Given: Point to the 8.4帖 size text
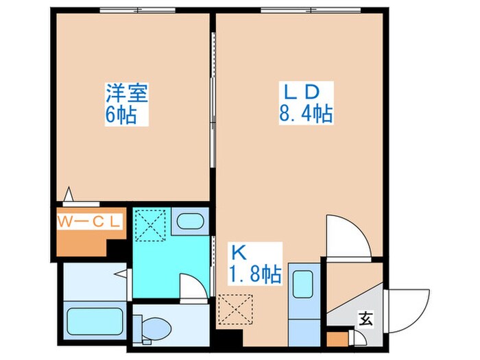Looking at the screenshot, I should [x=305, y=112].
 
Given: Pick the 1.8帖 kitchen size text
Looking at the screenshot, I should [x=254, y=275].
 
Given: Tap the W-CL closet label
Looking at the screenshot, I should [x=88, y=221].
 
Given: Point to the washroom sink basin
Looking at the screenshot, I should [x=188, y=221].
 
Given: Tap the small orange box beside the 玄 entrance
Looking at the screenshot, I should [x=336, y=339].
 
